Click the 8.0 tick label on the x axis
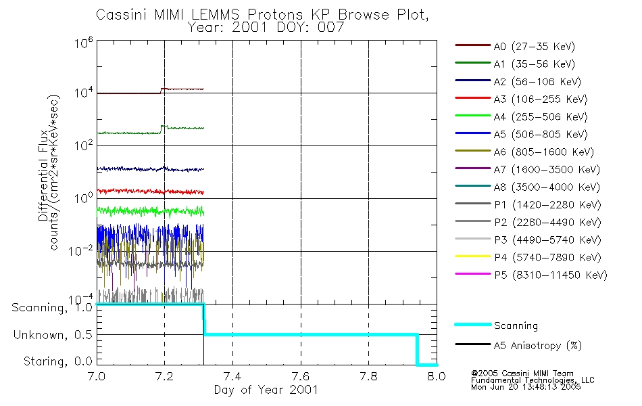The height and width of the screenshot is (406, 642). point(437,376)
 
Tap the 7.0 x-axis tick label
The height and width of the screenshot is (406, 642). point(97,376)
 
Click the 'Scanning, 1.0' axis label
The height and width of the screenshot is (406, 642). point(51,308)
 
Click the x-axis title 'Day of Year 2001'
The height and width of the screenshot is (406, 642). point(266,390)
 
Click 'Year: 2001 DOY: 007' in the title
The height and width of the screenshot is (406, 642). point(268,28)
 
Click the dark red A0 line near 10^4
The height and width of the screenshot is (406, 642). point(128,93)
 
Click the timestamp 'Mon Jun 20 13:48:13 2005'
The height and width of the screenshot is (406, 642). point(526,388)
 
